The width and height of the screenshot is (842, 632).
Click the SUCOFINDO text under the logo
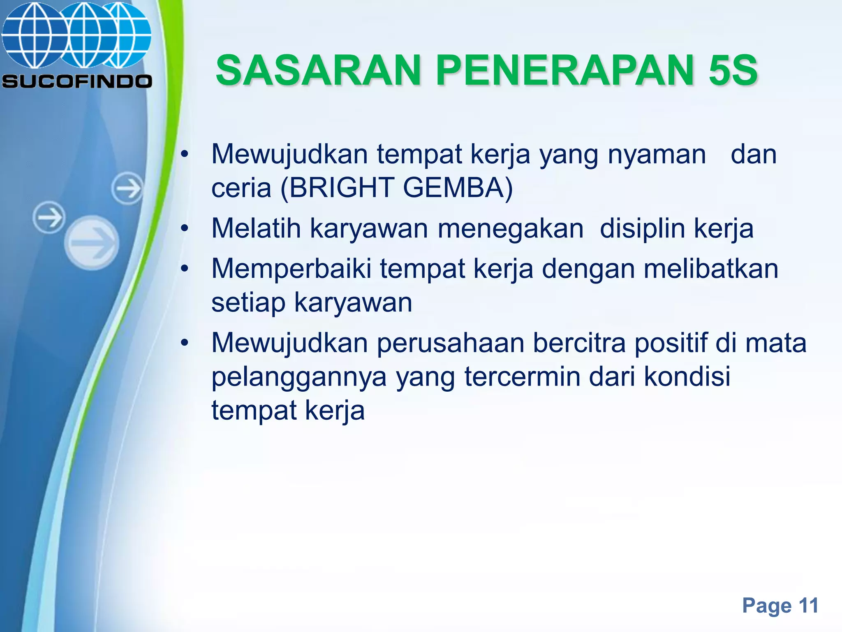click(77, 81)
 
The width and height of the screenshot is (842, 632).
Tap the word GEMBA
click(453, 188)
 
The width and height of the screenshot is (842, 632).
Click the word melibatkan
click(711, 269)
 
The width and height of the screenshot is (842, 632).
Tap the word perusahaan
click(451, 344)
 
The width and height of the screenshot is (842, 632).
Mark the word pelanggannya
click(299, 377)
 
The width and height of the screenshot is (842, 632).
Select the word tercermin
click(522, 376)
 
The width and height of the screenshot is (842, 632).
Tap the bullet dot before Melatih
click(185, 228)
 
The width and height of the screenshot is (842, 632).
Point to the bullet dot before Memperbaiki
click(185, 269)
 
